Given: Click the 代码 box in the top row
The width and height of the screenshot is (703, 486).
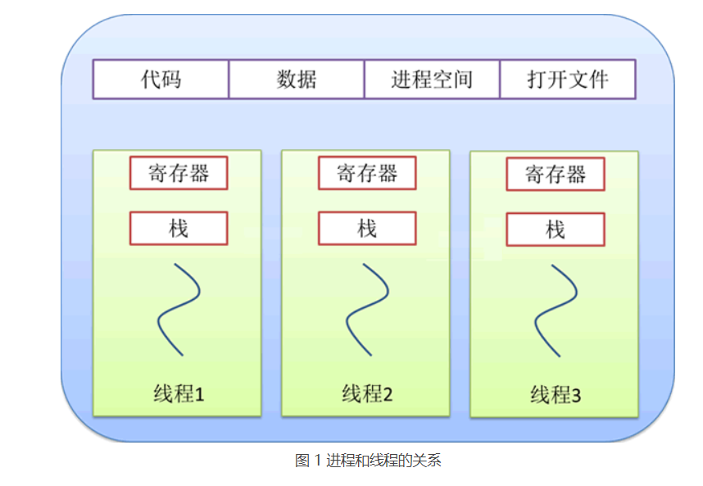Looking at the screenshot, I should click(161, 79).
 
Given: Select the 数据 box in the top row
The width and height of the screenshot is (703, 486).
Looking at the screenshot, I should click(297, 79).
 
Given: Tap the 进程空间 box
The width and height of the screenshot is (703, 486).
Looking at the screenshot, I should click(432, 79).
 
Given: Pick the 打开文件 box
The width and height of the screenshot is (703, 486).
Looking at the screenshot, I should click(568, 79).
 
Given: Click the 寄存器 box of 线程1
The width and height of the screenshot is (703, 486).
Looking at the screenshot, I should click(179, 173).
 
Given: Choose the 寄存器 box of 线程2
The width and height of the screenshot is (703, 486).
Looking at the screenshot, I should click(367, 173).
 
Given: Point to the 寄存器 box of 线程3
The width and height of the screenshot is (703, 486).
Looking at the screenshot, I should click(556, 175).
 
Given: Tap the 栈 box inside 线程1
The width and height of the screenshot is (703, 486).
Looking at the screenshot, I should click(179, 228).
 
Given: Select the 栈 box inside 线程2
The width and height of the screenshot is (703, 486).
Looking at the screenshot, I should click(367, 228).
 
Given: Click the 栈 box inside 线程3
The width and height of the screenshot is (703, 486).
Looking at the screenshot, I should click(556, 229).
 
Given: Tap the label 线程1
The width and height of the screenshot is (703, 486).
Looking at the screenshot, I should click(179, 393).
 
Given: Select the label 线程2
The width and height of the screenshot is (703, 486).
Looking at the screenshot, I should click(367, 393).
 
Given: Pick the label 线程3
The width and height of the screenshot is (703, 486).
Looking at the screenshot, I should click(556, 395).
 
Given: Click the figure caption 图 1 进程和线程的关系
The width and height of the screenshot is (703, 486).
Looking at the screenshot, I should click(368, 461).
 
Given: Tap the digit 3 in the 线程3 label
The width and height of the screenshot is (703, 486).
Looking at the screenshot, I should click(576, 396).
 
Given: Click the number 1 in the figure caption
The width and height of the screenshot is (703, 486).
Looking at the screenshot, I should click(318, 461).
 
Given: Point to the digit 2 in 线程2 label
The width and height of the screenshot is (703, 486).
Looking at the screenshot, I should click(388, 394).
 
